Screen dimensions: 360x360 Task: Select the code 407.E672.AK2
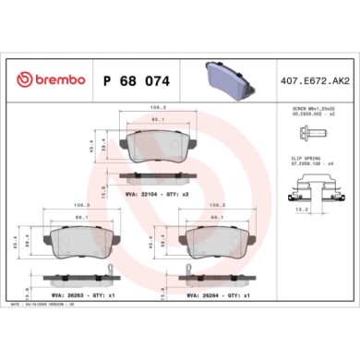pos(311,81)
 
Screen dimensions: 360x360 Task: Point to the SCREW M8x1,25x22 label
pos(309,108)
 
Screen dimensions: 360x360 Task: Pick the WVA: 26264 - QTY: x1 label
pos(218,295)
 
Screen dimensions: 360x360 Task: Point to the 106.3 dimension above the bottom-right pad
pos(218,205)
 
